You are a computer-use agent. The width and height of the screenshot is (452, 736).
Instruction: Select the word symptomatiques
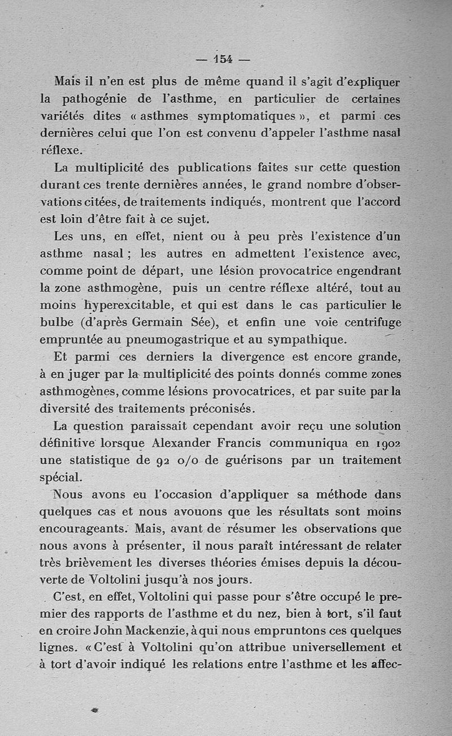coord(247,117)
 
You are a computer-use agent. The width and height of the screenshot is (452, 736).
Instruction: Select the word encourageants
coord(82,529)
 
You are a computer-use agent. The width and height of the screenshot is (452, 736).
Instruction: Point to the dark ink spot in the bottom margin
coord(94,708)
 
